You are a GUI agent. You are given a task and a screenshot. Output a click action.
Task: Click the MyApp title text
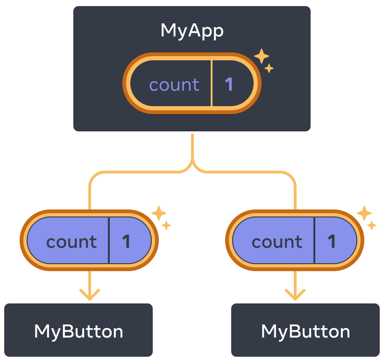pos(192,31)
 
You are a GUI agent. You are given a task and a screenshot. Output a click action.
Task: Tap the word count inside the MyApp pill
pos(174,85)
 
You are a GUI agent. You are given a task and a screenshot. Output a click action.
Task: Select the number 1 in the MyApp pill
pos(229,85)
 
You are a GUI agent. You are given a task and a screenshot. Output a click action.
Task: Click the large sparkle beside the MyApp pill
pos(262,57)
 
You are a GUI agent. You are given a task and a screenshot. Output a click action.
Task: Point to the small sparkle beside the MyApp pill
pos(269,69)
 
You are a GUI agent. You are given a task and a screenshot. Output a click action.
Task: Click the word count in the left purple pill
pos(71,242)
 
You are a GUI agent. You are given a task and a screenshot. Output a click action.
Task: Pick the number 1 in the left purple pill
pos(126,242)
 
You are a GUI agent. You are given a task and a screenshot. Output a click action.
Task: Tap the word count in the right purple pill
pos(277,242)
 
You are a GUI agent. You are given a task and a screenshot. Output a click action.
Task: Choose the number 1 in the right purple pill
pos(332,242)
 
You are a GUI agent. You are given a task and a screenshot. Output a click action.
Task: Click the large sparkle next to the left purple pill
pos(159,213)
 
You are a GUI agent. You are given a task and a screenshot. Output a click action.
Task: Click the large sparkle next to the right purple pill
pos(364,213)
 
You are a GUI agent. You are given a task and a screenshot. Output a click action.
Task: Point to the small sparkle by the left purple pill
pos(166,226)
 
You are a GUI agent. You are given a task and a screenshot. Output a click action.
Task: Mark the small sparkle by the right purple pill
pos(372,226)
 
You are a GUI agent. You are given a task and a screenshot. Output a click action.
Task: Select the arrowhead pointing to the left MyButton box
pos(90,295)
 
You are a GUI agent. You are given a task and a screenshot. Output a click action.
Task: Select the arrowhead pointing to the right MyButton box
pos(295,295)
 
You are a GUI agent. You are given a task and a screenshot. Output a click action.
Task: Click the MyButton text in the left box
pos(78,331)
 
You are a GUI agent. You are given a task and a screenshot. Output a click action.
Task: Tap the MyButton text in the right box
pos(305,331)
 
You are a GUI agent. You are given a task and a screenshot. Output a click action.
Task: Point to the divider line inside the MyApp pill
pos(212,84)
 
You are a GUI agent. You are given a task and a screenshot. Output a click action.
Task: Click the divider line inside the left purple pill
pos(109,240)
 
